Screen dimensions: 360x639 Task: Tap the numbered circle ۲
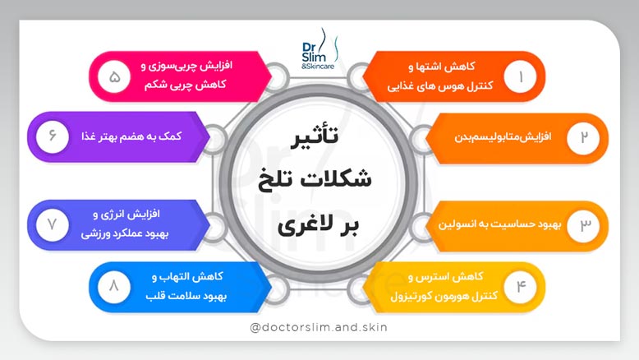point(584,137)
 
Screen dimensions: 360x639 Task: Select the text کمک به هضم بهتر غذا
point(136,136)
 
